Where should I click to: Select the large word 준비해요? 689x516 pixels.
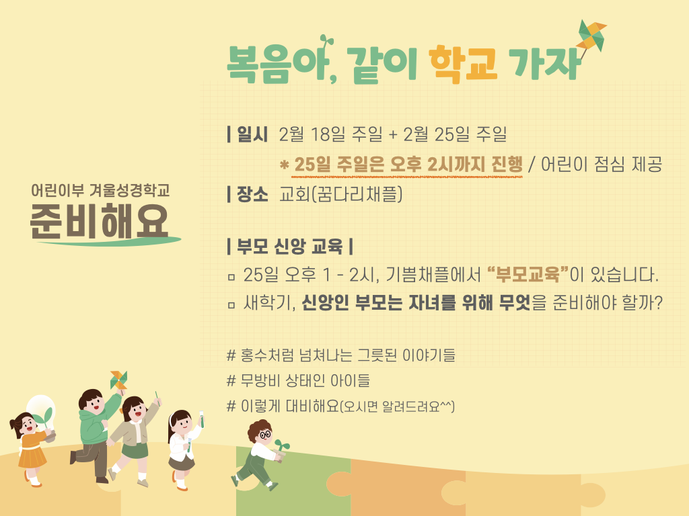[100, 222]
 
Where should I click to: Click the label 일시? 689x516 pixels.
[252, 134]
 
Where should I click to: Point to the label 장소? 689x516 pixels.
[252, 194]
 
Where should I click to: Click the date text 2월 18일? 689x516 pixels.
[312, 134]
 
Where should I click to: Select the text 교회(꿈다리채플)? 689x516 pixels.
[341, 194]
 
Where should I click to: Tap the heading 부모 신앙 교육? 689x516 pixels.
[289, 246]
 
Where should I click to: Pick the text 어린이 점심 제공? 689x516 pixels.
[602, 165]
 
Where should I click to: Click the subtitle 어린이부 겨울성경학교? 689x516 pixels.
[100, 190]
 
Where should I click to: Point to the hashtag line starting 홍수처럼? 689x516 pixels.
[341, 355]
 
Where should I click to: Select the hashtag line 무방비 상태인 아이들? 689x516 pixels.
[298, 380]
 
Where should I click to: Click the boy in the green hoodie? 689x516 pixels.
[95, 435]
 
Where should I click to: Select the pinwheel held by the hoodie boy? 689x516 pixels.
[118, 380]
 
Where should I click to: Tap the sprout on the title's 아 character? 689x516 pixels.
[325, 42]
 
